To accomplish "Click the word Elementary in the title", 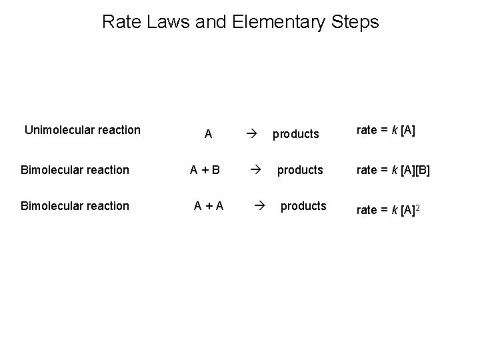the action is click(x=277, y=22).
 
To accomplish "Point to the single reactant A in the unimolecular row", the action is click(x=208, y=134).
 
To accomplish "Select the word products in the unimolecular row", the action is click(x=295, y=134).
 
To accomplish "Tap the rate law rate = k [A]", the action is click(x=386, y=130).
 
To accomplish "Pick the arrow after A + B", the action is click(x=253, y=170).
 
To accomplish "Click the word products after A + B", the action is click(x=300, y=170).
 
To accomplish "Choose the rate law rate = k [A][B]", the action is click(x=393, y=170).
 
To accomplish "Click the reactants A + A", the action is click(x=208, y=206).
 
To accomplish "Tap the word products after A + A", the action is click(x=303, y=206).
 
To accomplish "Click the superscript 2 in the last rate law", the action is click(x=418, y=207).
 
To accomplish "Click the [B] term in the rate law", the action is click(x=422, y=170).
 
